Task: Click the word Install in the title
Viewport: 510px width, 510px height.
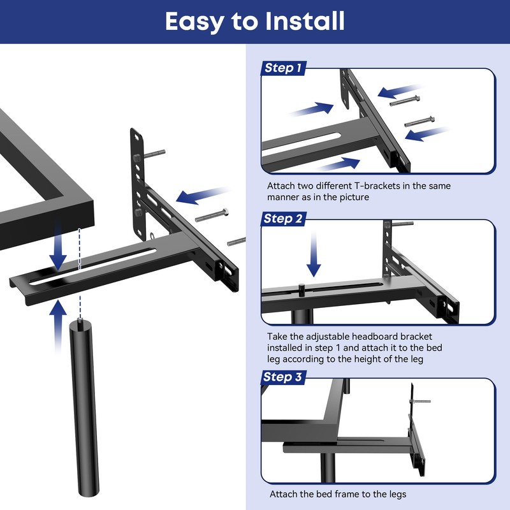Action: click(299, 21)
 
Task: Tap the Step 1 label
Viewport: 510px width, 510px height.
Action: click(283, 68)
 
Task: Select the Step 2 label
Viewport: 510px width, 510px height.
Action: click(283, 219)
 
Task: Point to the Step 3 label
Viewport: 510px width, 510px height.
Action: click(283, 377)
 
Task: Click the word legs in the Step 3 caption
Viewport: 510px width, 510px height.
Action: click(395, 494)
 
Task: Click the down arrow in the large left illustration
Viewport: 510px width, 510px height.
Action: click(58, 246)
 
